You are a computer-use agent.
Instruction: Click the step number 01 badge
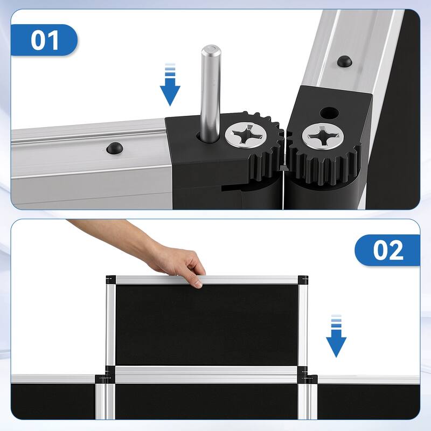tap(45, 40)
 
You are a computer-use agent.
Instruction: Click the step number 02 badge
tap(387, 251)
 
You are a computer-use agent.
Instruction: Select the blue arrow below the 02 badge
tap(336, 337)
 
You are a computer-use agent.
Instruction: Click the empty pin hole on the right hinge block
tap(328, 114)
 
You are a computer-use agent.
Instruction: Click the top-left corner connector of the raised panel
tap(111, 280)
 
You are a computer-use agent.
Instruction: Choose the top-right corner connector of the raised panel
tap(303, 280)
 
